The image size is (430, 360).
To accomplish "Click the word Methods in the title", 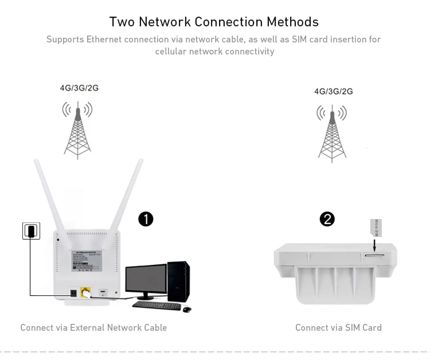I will pyautogui.click(x=292, y=22).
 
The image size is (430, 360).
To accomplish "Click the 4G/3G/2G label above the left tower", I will pyautogui.click(x=79, y=88).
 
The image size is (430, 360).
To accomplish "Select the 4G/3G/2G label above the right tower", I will pyautogui.click(x=333, y=91).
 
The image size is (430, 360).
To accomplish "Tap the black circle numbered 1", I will pyautogui.click(x=146, y=219).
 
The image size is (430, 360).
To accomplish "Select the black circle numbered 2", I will pyautogui.click(x=327, y=219).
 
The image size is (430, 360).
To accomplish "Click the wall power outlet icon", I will pyautogui.click(x=32, y=231).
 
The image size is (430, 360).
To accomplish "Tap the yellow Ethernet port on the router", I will pyautogui.click(x=86, y=292).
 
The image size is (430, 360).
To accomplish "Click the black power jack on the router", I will pyautogui.click(x=73, y=293).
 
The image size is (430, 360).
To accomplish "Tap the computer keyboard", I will pyautogui.click(x=157, y=305).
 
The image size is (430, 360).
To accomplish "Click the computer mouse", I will pyautogui.click(x=187, y=309).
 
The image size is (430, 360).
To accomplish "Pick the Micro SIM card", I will pyautogui.click(x=376, y=228).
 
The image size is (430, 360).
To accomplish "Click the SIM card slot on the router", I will pyautogui.click(x=374, y=253).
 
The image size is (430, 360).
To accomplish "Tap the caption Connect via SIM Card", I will pyautogui.click(x=338, y=327).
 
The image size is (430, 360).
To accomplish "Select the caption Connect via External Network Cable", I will pyautogui.click(x=93, y=327).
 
